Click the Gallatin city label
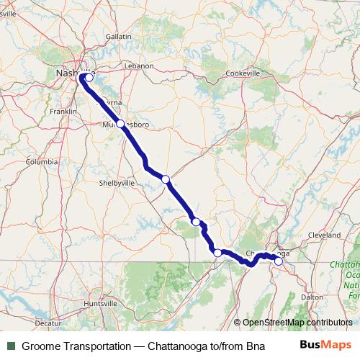[119, 36]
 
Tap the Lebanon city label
[140, 66]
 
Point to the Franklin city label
[63, 112]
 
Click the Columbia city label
[41, 162]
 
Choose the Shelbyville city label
[117, 183]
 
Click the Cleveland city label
[323, 235]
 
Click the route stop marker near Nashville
[89, 78]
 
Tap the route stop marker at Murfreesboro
[120, 123]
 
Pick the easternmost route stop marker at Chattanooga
[279, 261]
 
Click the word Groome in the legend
[40, 346]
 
